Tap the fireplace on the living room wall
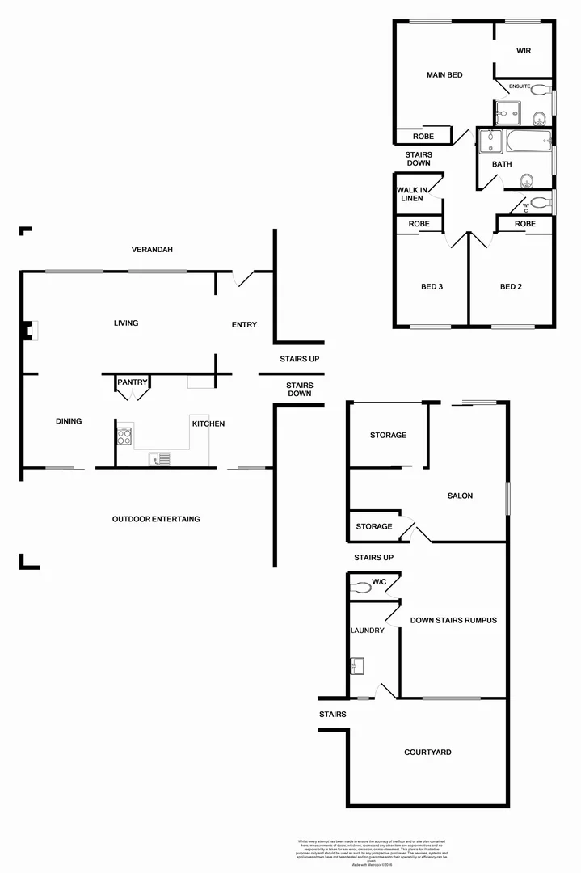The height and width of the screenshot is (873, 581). click(x=30, y=330)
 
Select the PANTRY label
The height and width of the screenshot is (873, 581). click(x=132, y=382)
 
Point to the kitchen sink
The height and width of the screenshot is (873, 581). click(x=160, y=459)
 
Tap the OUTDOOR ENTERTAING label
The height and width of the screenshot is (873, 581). click(x=156, y=519)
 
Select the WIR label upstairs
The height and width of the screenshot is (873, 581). click(x=524, y=51)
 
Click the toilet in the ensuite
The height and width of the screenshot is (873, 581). click(x=539, y=91)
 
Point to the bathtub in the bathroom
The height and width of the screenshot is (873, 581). click(x=528, y=143)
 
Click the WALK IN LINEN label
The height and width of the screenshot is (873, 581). click(x=410, y=194)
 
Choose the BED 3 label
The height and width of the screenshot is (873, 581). click(x=432, y=287)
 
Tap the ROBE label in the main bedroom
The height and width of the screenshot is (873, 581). click(x=423, y=137)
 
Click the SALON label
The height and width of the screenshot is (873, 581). click(x=460, y=496)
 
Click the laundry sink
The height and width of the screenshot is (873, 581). click(x=359, y=666)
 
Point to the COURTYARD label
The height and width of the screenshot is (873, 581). click(x=427, y=753)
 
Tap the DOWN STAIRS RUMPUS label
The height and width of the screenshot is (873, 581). click(x=453, y=621)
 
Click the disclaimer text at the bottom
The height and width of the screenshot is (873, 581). click(x=372, y=853)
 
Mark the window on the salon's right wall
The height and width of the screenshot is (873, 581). click(x=507, y=498)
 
